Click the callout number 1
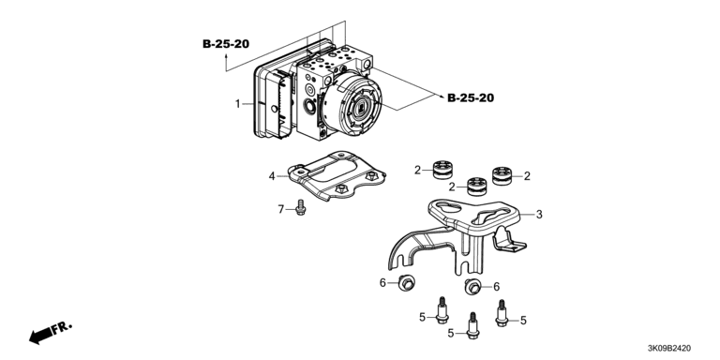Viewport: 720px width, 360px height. [x=238, y=104]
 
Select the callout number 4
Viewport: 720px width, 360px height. [x=272, y=176]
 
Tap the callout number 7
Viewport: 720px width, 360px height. [x=281, y=210]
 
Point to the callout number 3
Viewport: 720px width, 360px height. [x=539, y=214]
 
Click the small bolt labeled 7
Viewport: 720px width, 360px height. [x=301, y=207]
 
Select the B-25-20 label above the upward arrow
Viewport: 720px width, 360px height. [x=226, y=44]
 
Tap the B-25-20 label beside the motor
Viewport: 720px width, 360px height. [x=471, y=97]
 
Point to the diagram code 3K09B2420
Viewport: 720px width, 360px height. [x=668, y=349]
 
